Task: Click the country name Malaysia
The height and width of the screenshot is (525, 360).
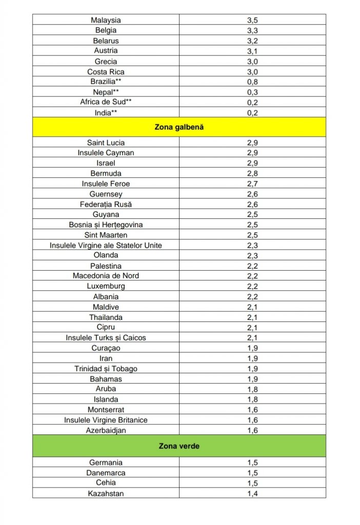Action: point(106,20)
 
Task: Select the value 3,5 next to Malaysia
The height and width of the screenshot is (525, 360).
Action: point(252,20)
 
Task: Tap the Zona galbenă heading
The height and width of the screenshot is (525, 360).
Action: point(179,127)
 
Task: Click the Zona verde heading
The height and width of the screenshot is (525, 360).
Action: point(179,446)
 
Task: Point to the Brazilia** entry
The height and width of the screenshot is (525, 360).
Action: point(106,82)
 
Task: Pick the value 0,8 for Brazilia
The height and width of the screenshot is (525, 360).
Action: point(252,82)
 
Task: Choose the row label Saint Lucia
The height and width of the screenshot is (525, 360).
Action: point(106,143)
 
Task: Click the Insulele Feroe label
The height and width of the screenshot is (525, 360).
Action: point(106,184)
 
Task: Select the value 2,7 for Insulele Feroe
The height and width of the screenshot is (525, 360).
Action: point(252,184)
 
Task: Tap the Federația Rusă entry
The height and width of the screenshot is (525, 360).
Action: point(106,204)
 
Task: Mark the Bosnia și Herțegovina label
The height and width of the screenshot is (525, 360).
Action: point(106,225)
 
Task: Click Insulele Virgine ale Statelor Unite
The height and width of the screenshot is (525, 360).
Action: point(106,245)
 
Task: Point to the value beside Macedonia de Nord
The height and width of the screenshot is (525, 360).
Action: point(252,276)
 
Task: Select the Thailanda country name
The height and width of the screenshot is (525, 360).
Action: point(106,317)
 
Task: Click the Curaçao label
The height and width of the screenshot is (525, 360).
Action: point(106,348)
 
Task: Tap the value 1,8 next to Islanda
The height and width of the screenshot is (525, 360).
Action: point(252,399)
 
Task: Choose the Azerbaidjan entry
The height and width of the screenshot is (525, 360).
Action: point(106,430)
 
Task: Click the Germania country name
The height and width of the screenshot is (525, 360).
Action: point(106,462)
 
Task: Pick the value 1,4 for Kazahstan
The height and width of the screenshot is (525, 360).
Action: point(252,493)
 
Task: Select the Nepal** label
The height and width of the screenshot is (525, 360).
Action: point(106,92)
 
